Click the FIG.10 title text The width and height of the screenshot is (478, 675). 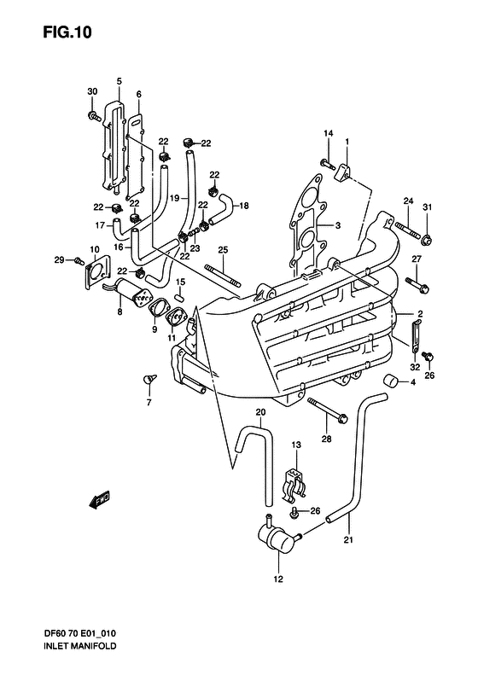(67, 32)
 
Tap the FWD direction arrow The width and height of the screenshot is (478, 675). (100, 501)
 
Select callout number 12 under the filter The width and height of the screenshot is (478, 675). (278, 579)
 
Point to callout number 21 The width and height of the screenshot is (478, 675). (348, 540)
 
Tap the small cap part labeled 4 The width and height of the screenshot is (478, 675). (391, 381)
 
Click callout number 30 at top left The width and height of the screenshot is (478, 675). (92, 91)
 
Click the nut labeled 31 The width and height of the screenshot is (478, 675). (427, 239)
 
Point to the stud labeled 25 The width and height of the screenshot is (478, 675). (224, 276)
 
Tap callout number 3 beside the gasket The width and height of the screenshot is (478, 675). (338, 225)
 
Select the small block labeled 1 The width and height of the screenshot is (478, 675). (343, 172)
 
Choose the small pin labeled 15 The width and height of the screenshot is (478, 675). (180, 297)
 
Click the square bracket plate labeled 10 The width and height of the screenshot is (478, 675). (97, 276)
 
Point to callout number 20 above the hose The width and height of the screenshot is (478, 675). (260, 412)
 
